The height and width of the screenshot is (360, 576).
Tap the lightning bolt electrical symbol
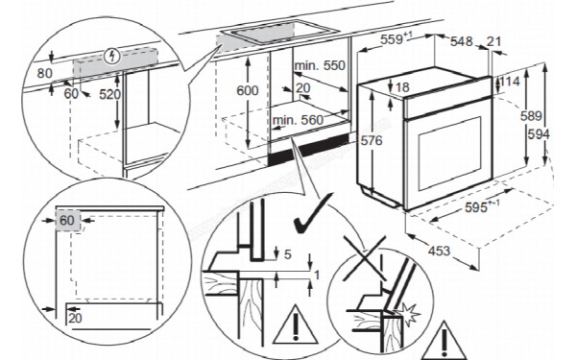click(x=115, y=55)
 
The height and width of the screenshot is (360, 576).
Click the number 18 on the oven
click(x=401, y=87)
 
